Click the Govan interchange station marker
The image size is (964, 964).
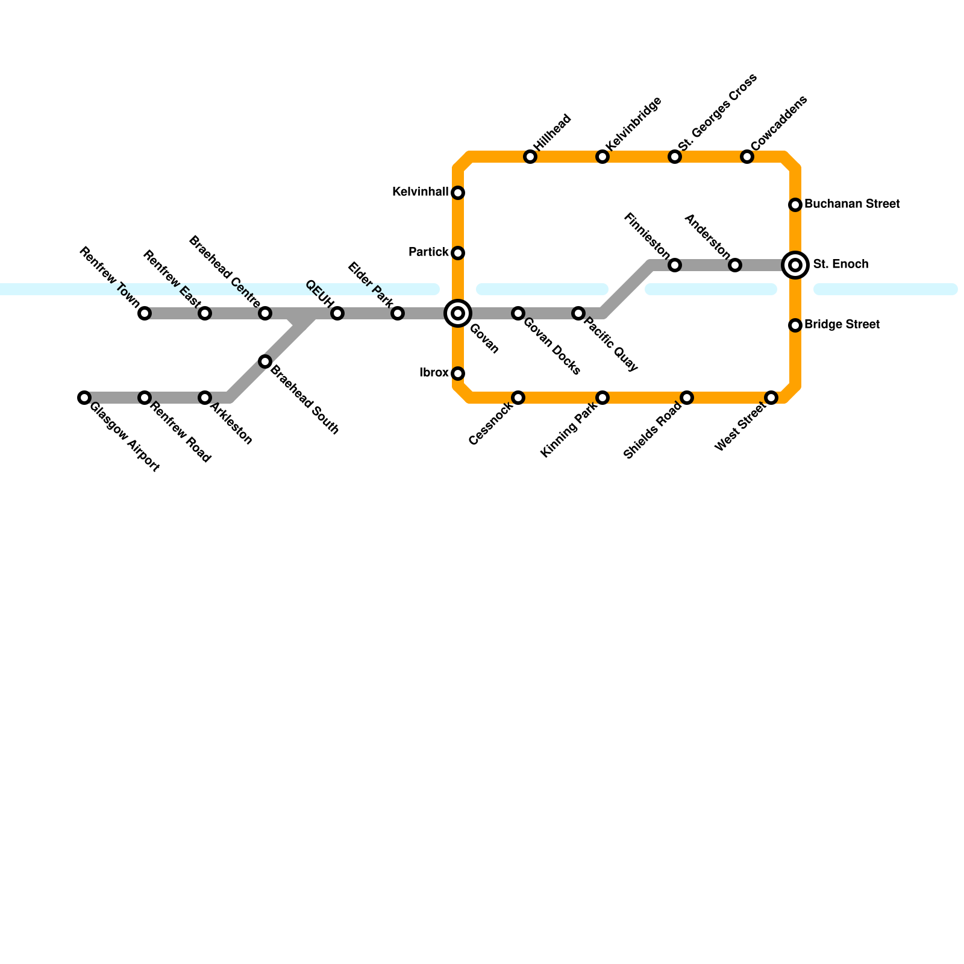458,313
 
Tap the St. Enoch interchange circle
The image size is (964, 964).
795,265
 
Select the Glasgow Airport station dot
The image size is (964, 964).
84,398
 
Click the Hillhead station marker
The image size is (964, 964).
530,157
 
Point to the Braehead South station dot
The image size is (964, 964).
265,361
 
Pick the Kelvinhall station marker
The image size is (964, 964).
458,193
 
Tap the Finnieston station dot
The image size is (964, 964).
675,265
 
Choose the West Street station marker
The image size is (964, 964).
771,398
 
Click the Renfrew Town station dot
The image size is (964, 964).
145,313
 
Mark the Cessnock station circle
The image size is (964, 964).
518,398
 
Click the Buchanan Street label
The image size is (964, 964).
852,204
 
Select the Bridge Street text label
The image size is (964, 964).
842,325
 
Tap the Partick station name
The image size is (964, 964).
428,252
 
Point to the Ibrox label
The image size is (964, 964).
434,373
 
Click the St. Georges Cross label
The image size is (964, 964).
717,113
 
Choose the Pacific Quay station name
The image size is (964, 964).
611,341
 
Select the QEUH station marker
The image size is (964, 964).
337,313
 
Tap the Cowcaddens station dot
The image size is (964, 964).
747,157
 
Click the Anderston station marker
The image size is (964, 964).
735,265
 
